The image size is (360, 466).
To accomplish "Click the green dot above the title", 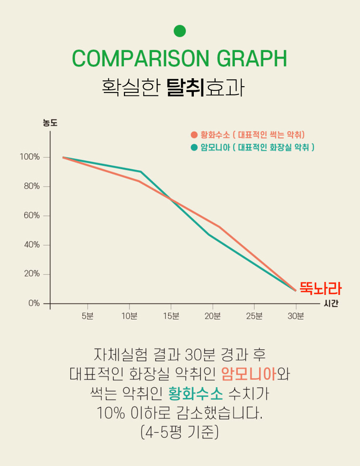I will pos(180,31).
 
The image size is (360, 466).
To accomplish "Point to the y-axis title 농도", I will pos(50,123).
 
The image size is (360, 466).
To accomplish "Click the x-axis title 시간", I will pos(331,304).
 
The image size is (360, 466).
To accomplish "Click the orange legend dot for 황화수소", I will pos(194,135).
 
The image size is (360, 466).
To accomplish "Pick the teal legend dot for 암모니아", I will pos(194,147).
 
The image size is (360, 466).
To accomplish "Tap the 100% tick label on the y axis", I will pos(29,157).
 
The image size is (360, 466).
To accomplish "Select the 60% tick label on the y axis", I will pos(31,216).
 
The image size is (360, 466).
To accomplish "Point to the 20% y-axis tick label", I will pos(31,274).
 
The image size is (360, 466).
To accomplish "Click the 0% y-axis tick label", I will pos(33,303).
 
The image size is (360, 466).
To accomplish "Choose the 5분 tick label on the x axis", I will pos(87,316).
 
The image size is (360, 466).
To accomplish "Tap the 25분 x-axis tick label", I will pos(254,316).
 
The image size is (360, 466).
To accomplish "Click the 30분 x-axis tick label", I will pos(296,316).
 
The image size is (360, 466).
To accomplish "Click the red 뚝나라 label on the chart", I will pos(320,289).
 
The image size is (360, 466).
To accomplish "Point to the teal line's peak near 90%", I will pos(141,172).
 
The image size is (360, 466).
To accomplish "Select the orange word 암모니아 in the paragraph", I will pos(249,374).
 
